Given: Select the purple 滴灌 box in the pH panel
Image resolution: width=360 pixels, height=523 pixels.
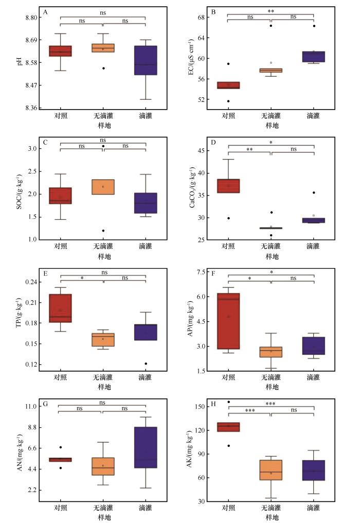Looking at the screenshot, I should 145,60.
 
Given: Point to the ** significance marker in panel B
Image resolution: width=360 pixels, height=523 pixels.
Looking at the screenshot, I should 271,10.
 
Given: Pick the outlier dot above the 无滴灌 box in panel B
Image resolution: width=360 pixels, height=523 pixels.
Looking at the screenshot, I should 271,26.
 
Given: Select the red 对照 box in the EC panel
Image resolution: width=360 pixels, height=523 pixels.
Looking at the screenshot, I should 228,85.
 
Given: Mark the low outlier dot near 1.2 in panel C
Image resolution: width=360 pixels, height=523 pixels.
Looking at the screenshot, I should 103,231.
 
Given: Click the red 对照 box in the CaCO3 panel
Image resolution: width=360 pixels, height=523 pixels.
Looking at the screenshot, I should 228,186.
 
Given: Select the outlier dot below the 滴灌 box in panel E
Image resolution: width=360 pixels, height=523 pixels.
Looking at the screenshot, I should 145,363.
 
